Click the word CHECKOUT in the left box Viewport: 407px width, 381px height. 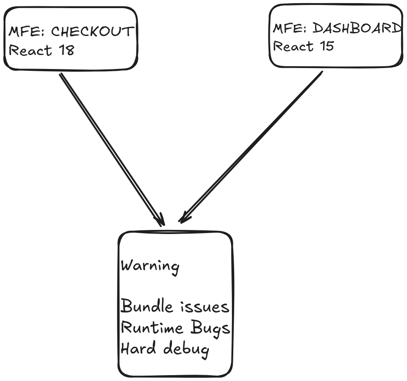pos(92,32)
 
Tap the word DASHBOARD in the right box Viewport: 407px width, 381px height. pos(357,28)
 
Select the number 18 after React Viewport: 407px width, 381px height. pos(66,50)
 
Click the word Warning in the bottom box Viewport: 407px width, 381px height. pos(150,266)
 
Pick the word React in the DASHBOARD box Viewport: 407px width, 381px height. pos(293,46)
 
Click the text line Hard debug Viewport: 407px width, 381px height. pos(165,349)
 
